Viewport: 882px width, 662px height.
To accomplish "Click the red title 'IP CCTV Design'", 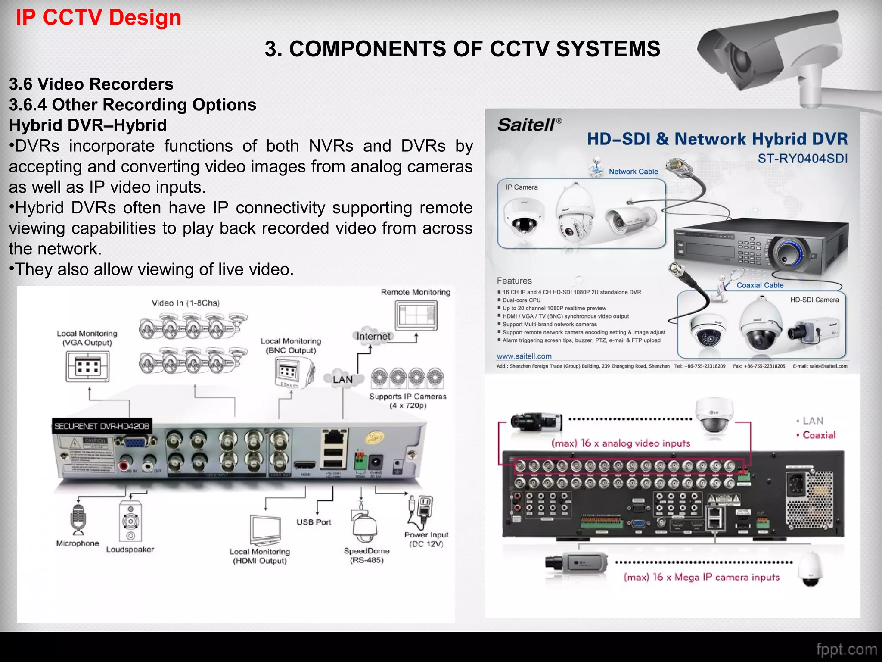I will coord(98,18).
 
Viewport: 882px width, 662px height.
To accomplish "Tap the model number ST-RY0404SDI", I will coord(802,159).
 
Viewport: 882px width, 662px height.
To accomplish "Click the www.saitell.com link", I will coord(524,356).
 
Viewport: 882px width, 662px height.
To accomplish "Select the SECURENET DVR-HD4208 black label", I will coord(102,426).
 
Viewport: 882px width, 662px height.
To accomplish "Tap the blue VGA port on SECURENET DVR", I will coord(135,442).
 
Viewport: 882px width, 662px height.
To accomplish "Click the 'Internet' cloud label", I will coord(373,336).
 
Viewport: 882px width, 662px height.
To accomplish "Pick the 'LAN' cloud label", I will coord(342,379).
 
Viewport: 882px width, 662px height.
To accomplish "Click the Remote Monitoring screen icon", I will coord(416,315).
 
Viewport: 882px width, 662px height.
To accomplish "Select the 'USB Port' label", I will coord(314,522).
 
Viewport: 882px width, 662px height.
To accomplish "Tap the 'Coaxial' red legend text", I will coord(819,435).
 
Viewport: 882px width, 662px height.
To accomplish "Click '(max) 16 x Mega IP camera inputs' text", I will coord(701,577).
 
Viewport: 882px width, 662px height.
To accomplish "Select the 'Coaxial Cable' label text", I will coord(760,285).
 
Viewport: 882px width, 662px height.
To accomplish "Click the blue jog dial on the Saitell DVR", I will coord(787,253).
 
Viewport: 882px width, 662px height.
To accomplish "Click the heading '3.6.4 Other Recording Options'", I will coord(133,105).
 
